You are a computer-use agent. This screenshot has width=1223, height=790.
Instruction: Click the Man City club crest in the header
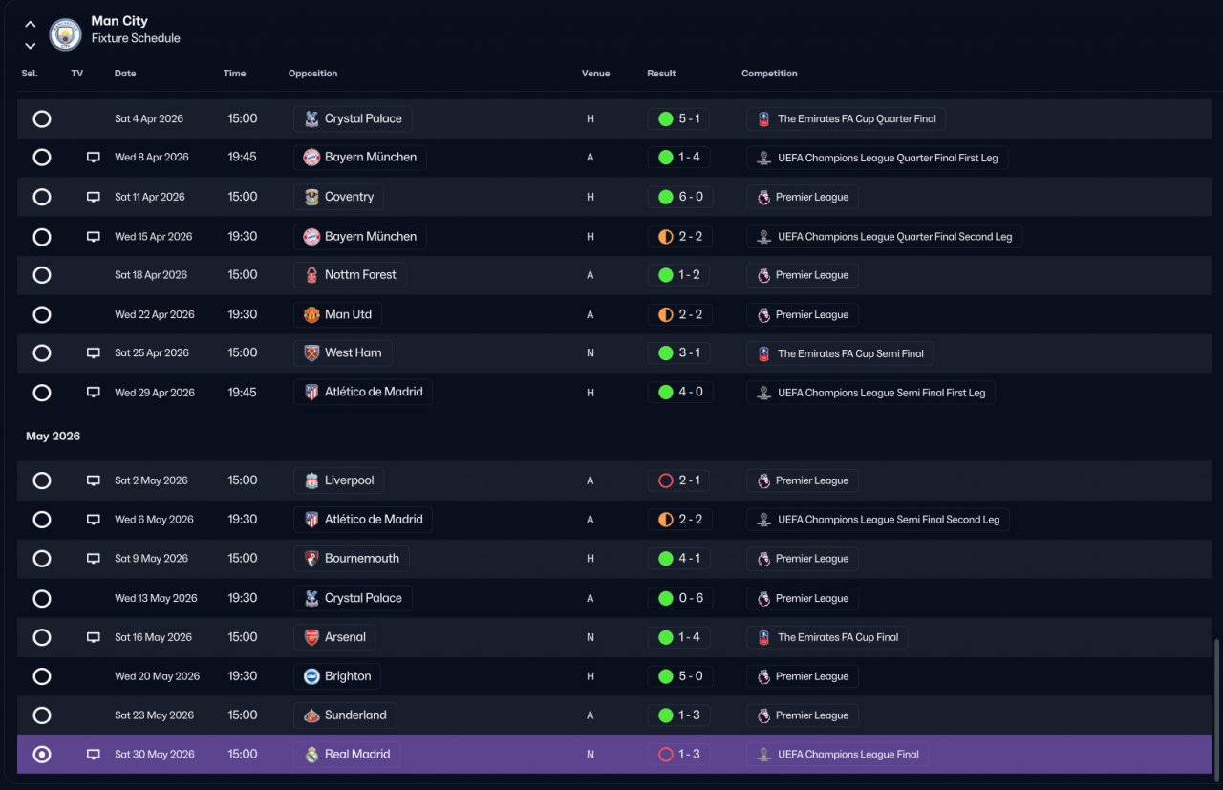65,33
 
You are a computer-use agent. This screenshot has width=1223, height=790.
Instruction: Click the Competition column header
769,74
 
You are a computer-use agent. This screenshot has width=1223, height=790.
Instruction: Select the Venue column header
595,74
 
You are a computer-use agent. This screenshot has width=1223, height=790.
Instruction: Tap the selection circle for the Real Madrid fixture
42,754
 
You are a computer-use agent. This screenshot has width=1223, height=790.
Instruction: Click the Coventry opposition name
349,197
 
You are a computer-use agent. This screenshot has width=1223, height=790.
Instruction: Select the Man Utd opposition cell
337,314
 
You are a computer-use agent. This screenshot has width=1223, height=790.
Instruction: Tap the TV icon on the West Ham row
94,352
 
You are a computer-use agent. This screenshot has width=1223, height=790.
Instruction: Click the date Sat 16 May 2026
153,637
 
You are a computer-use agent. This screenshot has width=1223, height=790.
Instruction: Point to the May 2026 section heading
53,437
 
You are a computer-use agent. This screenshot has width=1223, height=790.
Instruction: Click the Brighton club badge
311,676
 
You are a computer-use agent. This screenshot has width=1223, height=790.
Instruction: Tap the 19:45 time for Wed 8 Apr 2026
243,157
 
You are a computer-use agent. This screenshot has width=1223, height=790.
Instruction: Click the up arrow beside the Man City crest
30,24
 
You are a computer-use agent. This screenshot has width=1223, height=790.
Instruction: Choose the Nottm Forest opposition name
360,274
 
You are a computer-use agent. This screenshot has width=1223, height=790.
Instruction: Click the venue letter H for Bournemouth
590,559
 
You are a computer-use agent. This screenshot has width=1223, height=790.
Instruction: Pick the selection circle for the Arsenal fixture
42,637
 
